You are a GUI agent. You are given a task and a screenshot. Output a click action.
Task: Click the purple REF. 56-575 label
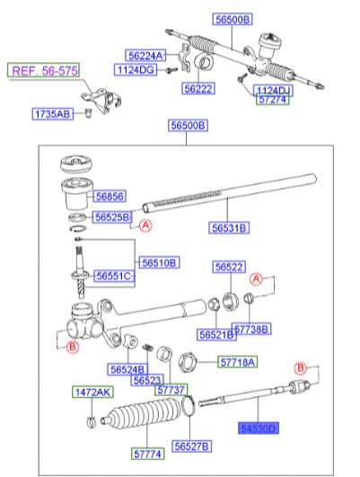(42, 70)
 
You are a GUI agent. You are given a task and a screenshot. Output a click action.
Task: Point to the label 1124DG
(135, 69)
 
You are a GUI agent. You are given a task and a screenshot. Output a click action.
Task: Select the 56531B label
(233, 228)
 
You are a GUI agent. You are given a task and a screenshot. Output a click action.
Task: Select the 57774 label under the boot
(149, 454)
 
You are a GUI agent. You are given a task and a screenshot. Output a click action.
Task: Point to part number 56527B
(192, 446)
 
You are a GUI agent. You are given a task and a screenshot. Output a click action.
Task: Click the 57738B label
(251, 330)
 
